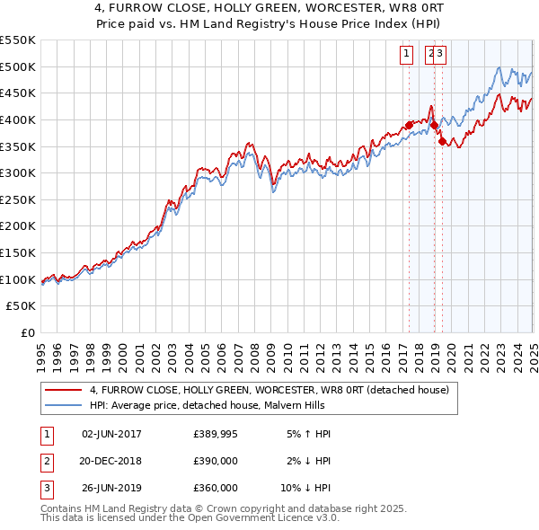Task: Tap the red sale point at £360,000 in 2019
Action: click(x=442, y=140)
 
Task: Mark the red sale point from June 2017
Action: click(x=409, y=124)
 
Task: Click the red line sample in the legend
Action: click(x=63, y=390)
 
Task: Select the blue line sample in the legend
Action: click(x=63, y=405)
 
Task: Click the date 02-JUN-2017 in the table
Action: click(x=111, y=434)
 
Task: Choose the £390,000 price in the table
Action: click(x=216, y=461)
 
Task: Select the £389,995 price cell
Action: click(x=216, y=434)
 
